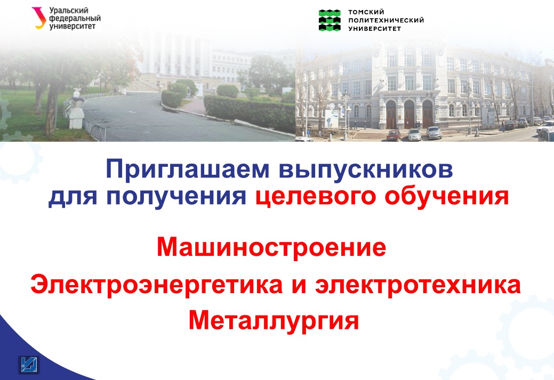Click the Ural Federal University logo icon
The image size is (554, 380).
coord(39,18)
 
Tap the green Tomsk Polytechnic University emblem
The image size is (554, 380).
coord(330,20)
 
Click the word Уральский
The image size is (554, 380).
coord(69,11)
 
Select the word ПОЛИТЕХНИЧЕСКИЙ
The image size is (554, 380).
coord(386,20)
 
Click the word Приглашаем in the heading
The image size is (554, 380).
coord(188,170)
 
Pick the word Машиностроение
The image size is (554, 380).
coord(271,247)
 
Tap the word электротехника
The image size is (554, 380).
coord(418,285)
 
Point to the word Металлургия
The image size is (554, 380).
coord(274,321)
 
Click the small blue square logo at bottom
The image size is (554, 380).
coord(28,365)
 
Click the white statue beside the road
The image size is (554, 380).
coord(75,109)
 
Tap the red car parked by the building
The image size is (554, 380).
coord(394,134)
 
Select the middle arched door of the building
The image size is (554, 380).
coord(409,115)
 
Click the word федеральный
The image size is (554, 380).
coord(75,19)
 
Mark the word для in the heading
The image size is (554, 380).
coord(73,197)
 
